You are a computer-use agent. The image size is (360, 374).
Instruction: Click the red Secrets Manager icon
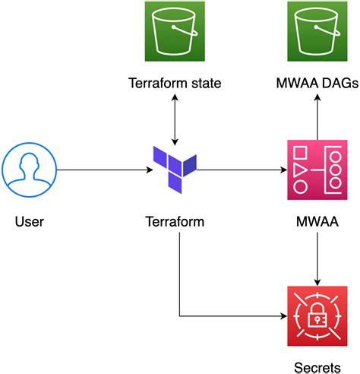(x=316, y=313)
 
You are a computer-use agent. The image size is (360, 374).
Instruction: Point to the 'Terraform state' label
(x=175, y=83)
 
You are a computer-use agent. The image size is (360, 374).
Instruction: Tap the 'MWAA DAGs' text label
(x=316, y=83)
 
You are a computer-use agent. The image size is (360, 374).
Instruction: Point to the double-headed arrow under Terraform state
(x=175, y=120)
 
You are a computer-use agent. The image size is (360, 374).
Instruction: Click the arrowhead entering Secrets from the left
(x=283, y=314)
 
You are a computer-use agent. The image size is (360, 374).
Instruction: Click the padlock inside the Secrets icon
(x=316, y=316)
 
